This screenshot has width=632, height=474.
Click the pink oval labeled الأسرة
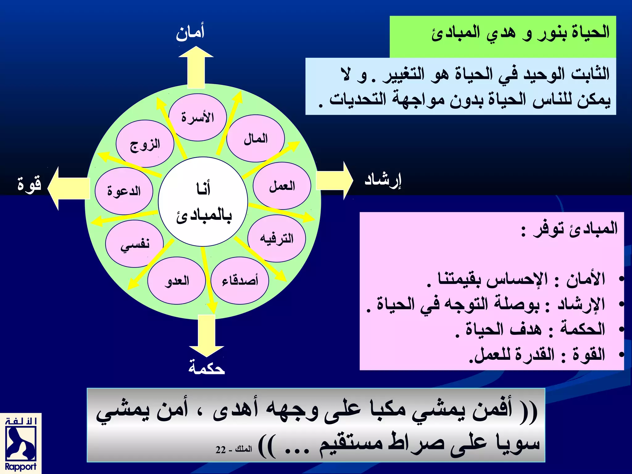(198, 118)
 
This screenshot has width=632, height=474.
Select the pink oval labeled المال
(256, 139)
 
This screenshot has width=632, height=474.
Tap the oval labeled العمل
(282, 186)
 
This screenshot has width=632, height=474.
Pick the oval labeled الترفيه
(276, 239)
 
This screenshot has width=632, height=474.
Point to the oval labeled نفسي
(135, 244)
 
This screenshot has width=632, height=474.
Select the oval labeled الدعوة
(124, 191)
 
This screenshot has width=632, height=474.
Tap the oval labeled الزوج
(145, 144)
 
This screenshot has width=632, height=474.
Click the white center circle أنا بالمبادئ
(203, 202)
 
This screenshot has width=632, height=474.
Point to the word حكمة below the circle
(206, 367)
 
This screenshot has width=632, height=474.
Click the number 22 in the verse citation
(221, 450)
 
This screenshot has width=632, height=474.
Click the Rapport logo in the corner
(21, 444)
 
